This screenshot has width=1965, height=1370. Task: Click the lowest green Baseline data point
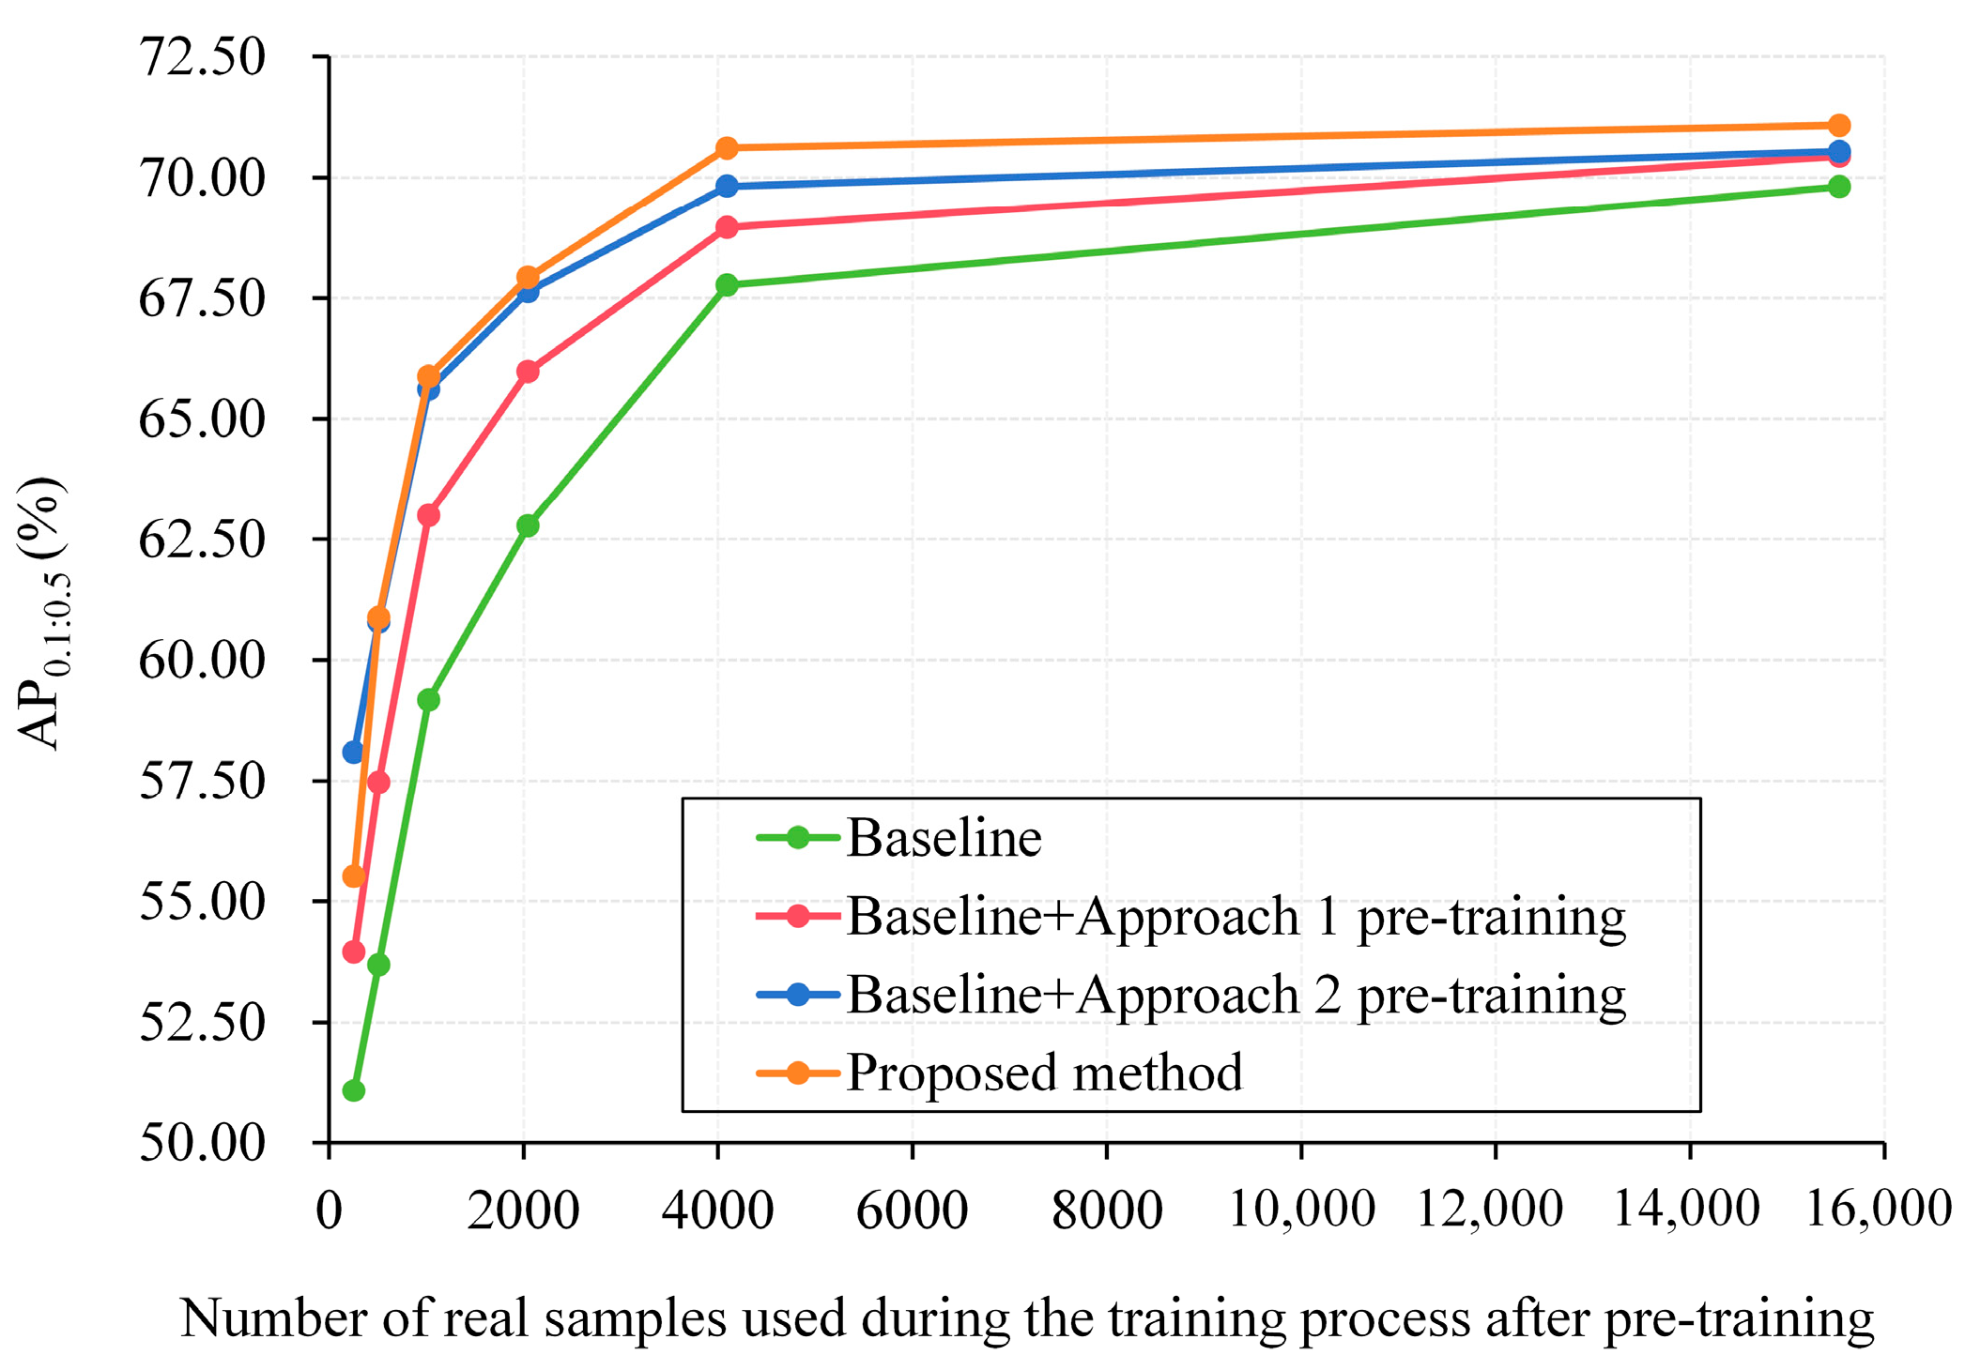coord(353,1090)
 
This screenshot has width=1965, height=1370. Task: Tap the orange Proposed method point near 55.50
coord(353,876)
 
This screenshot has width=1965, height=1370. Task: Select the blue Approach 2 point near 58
coord(353,752)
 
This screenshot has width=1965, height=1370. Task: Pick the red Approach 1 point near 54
coord(353,952)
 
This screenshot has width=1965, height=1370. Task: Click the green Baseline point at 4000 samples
coord(726,284)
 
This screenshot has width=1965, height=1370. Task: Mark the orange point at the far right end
coord(1838,125)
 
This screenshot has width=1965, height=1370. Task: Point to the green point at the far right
coord(1838,186)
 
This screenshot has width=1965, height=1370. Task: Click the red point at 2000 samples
coord(528,372)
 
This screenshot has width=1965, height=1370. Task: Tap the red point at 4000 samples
coord(726,227)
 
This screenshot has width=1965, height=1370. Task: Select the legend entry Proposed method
coord(1044,1073)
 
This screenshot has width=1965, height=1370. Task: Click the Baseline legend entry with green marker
coord(944,837)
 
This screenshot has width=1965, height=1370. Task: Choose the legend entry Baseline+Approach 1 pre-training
coord(1236,916)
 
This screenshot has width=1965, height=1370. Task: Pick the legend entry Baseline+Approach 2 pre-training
coord(1236,995)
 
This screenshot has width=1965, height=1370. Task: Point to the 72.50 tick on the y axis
coord(202,57)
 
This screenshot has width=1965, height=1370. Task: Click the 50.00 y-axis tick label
coord(202,1143)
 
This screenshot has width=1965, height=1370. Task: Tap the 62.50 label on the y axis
coord(202,540)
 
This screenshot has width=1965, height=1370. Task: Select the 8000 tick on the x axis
coord(1107,1210)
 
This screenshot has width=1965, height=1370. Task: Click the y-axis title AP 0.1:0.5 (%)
coord(42,614)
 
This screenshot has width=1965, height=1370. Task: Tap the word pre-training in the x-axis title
coord(1738,1319)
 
